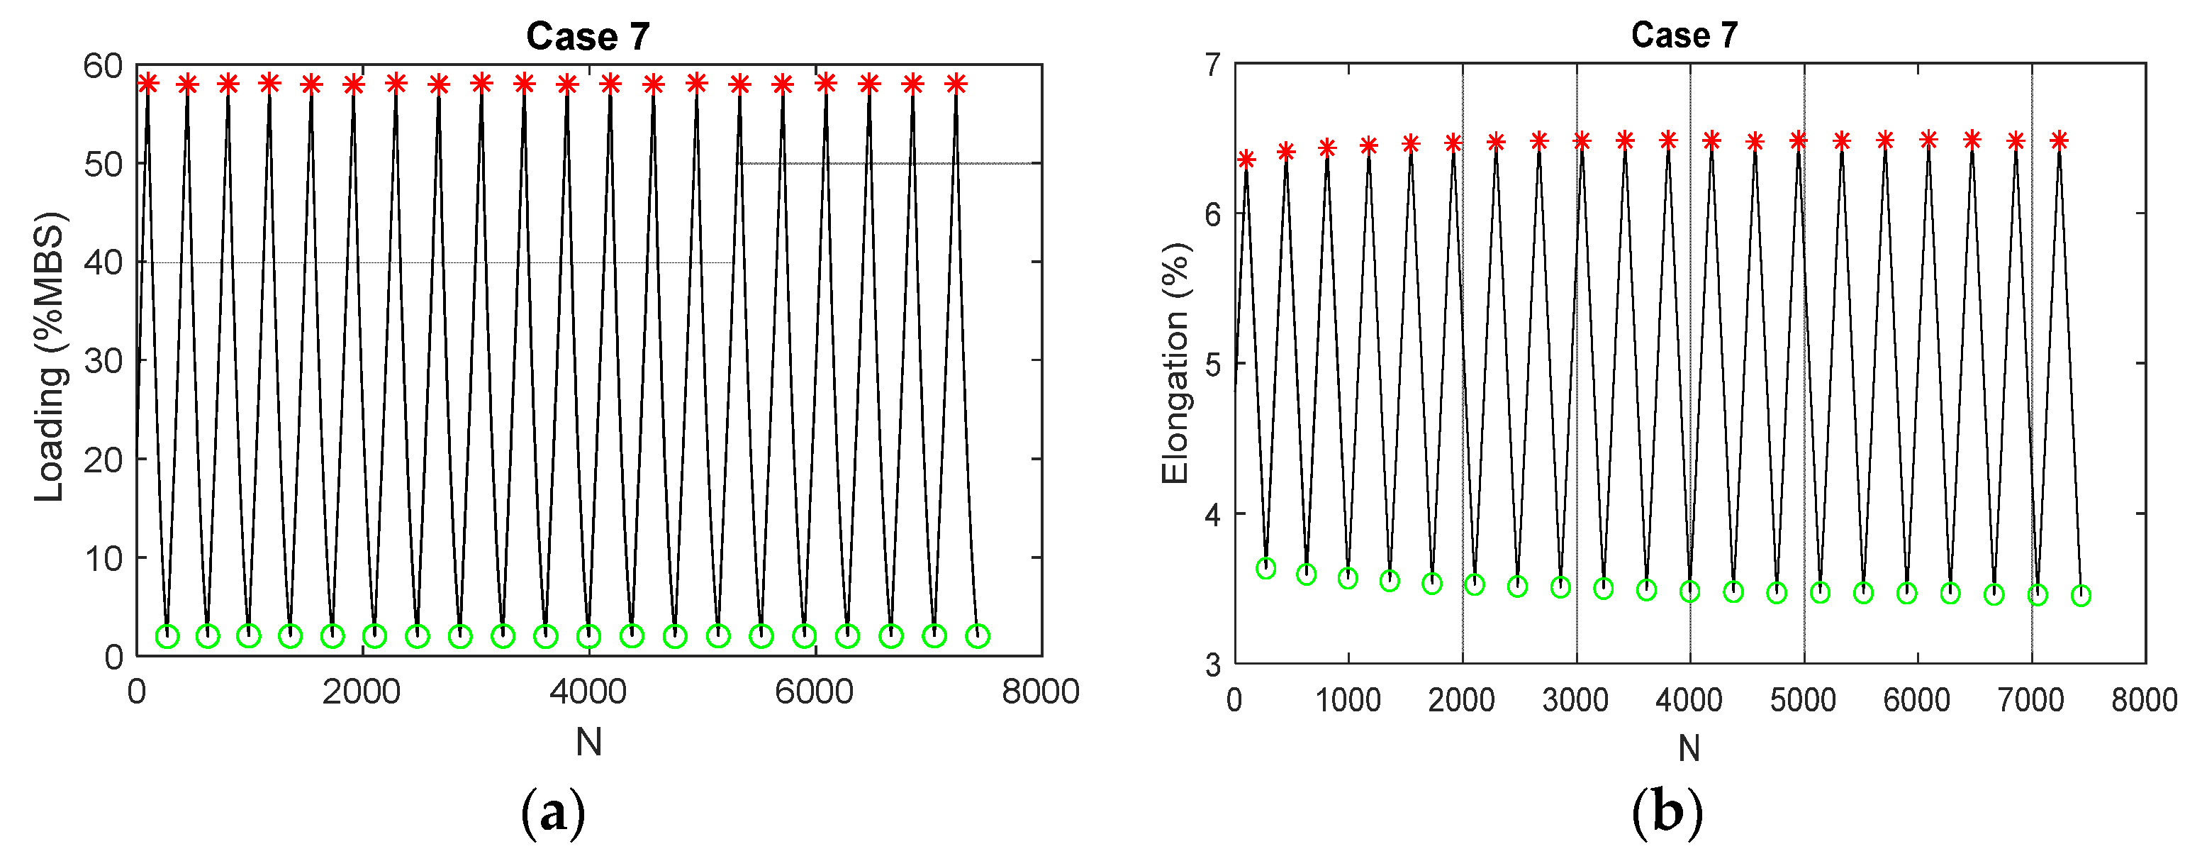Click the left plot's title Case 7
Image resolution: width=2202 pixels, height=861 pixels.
coord(588,37)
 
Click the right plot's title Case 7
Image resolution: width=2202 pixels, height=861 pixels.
coord(1684,35)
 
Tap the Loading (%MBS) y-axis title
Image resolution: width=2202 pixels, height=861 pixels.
coord(50,357)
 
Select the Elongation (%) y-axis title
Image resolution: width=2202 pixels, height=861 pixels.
coord(1175,362)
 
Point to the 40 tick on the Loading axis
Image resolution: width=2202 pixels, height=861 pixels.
coord(104,262)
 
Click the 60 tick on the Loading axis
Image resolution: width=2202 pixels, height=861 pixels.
coord(104,66)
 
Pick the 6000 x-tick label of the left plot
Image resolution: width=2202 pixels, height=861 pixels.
coord(814,691)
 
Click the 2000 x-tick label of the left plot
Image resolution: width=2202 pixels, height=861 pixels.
coord(361,691)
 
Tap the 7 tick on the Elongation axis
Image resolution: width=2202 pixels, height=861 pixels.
coord(1213,65)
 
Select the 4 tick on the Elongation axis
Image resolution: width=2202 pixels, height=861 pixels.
coord(1213,515)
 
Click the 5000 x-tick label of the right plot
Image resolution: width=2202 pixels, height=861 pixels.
coord(1803,700)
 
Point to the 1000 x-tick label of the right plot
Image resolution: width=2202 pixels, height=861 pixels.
coord(1348,700)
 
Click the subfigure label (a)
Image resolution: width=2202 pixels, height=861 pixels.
coord(553,813)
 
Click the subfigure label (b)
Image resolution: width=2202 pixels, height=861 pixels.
coord(1667,813)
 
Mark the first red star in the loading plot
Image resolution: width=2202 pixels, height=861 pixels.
coord(148,83)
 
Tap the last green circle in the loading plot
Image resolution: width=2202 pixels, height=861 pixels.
coord(977,635)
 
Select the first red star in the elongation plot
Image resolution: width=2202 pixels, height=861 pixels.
coord(1246,159)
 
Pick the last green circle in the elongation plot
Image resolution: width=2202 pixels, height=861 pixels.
coord(2081,595)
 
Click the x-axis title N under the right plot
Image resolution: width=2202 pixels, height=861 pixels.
coord(1688,748)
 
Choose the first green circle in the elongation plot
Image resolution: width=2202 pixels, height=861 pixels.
coord(1266,569)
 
